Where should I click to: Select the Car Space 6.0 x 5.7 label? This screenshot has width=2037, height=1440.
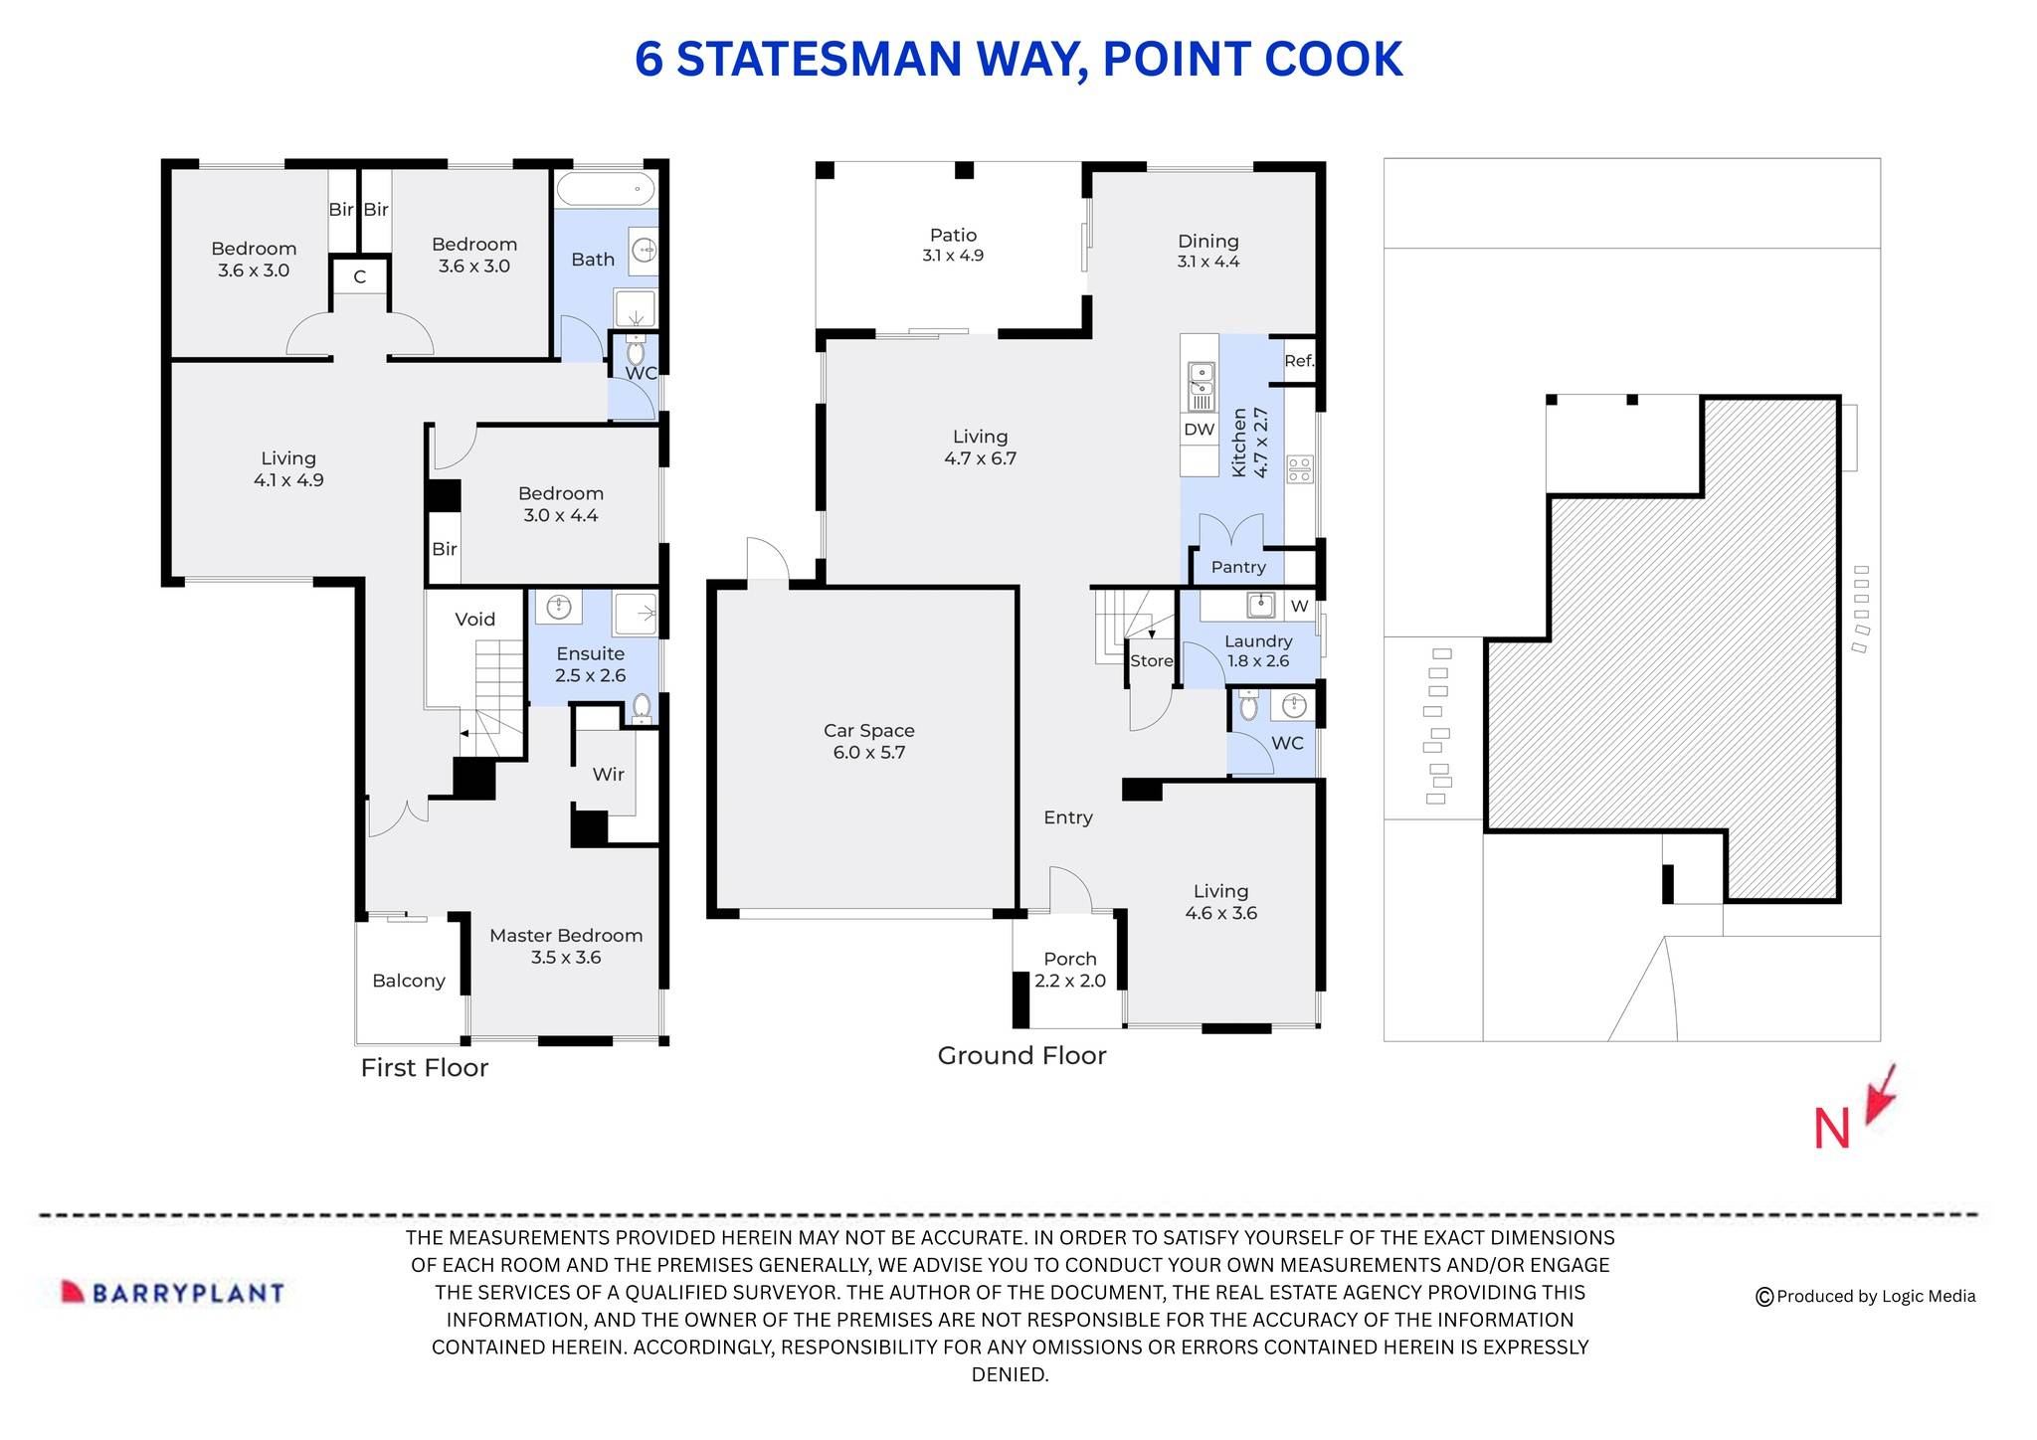point(868,741)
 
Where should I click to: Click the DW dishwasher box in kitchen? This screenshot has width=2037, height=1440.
point(1199,430)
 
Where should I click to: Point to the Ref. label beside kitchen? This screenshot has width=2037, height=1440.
point(1298,361)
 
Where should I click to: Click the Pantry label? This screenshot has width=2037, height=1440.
point(1237,567)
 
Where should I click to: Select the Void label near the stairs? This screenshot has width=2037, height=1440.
point(474,619)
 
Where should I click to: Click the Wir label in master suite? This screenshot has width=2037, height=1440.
point(608,774)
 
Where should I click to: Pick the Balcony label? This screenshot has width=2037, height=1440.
point(408,981)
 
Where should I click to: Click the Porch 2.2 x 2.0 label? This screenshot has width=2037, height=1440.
point(1069,970)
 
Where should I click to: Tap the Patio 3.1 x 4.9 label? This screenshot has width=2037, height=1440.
point(952,245)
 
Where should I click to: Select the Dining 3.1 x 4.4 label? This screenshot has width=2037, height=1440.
point(1207,251)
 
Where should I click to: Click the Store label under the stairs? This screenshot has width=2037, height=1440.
point(1151,660)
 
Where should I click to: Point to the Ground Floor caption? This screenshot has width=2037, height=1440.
point(1021,1055)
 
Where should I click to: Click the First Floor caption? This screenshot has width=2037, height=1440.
point(424,1067)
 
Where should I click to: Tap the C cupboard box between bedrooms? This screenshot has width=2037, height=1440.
point(359,277)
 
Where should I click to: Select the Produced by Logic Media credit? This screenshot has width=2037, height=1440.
point(1865,1296)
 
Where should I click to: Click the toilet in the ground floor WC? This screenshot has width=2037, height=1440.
point(1248,707)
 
